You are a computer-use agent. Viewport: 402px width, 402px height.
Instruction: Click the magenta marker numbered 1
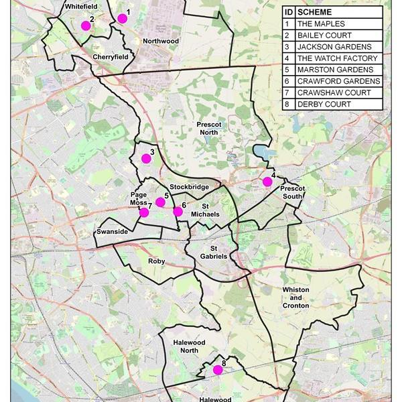(122, 19)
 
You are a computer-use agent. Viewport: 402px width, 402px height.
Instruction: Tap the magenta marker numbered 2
(86, 26)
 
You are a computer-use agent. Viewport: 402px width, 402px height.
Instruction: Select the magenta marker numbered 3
(146, 159)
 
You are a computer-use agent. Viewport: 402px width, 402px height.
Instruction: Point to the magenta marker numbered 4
(267, 182)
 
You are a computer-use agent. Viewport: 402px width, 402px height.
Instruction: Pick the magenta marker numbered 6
(178, 212)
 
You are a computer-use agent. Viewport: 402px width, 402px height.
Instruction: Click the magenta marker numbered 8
(217, 370)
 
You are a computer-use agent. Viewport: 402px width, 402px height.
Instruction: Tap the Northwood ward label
(161, 41)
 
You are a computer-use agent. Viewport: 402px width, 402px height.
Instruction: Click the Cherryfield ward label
(111, 58)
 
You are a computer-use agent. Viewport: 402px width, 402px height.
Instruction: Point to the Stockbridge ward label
(190, 187)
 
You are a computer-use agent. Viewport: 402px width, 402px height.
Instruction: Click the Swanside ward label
(112, 231)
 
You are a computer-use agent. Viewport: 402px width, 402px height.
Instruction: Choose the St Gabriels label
(214, 252)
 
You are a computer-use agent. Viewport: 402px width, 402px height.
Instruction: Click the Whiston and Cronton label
(296, 296)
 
